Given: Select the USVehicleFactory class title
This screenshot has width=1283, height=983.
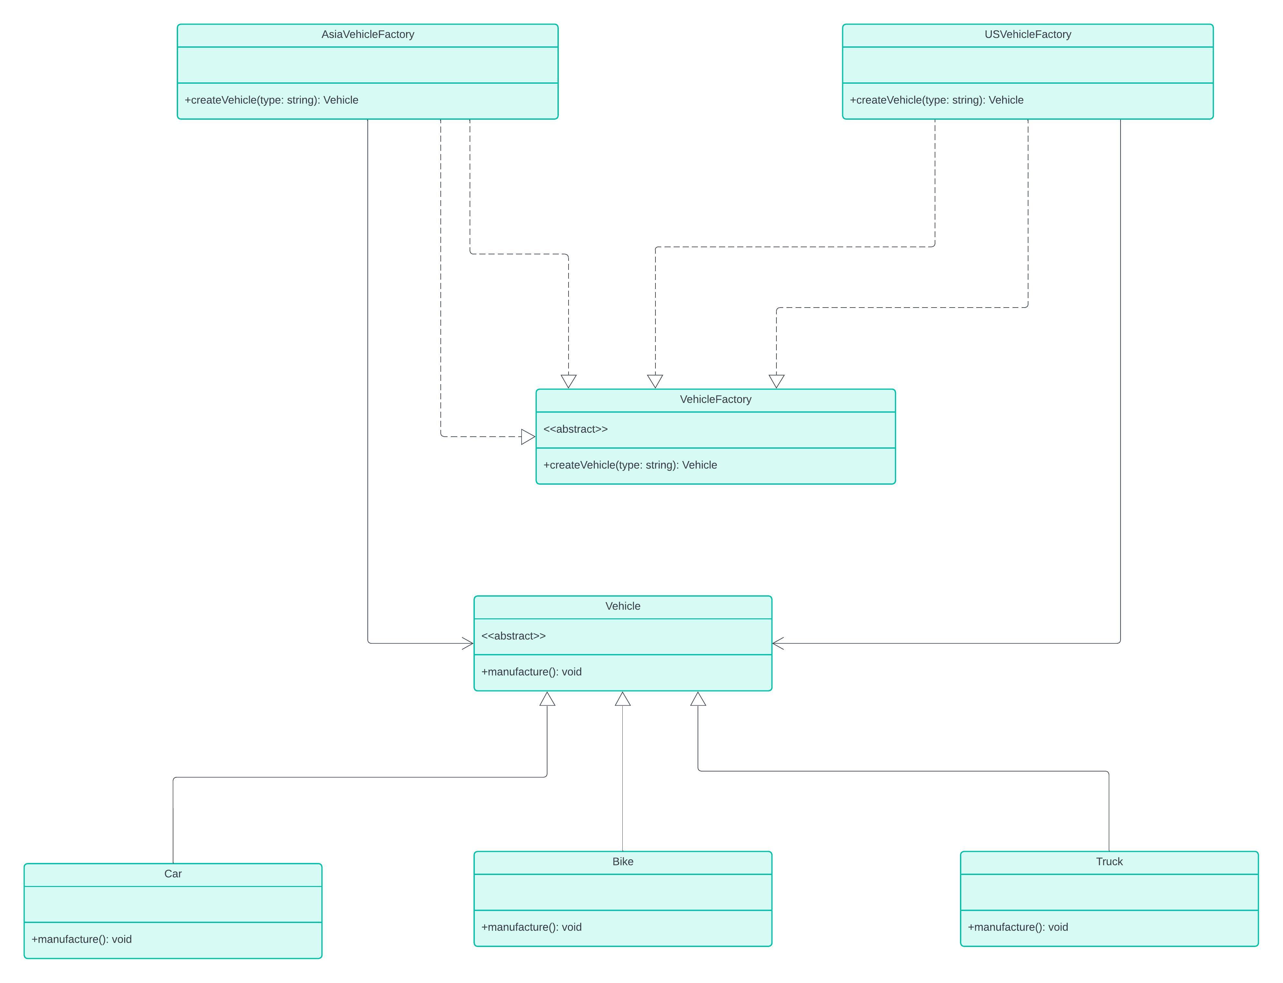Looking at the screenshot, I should [1027, 34].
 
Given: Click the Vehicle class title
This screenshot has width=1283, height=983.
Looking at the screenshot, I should [623, 606].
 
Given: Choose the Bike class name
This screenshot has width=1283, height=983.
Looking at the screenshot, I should [623, 861].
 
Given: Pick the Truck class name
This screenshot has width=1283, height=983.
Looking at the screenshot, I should [1109, 861].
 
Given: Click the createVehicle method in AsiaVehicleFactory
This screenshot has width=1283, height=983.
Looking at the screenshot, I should [271, 100].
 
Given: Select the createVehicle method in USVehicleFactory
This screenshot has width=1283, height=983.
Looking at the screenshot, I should [936, 100].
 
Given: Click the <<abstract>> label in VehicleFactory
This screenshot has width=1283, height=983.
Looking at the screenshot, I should [575, 429].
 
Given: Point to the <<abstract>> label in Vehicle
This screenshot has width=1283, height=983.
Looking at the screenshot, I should [513, 636].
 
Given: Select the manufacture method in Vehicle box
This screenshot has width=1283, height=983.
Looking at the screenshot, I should [531, 672].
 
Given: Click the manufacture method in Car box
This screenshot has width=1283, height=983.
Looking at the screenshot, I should [81, 939].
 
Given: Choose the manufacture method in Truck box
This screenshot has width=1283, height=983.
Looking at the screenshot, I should [1017, 927].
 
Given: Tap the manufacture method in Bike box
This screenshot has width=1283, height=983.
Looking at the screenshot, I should [531, 927].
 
